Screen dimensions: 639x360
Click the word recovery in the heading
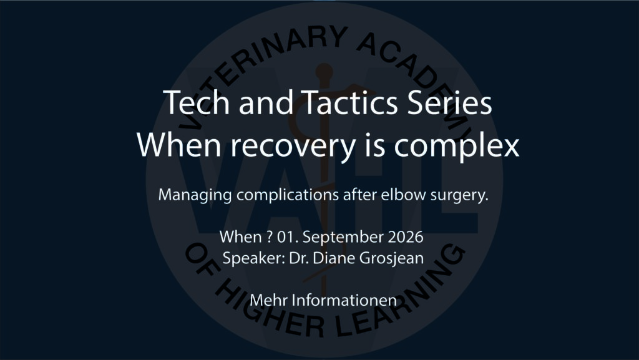tap(293, 146)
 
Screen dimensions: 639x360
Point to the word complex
tap(457, 146)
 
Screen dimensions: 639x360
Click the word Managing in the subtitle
tap(195, 195)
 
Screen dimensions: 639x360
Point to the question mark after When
tap(270, 237)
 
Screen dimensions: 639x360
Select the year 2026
tap(406, 237)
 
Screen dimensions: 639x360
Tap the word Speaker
tap(254, 258)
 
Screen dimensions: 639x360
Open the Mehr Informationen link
tap(323, 300)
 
